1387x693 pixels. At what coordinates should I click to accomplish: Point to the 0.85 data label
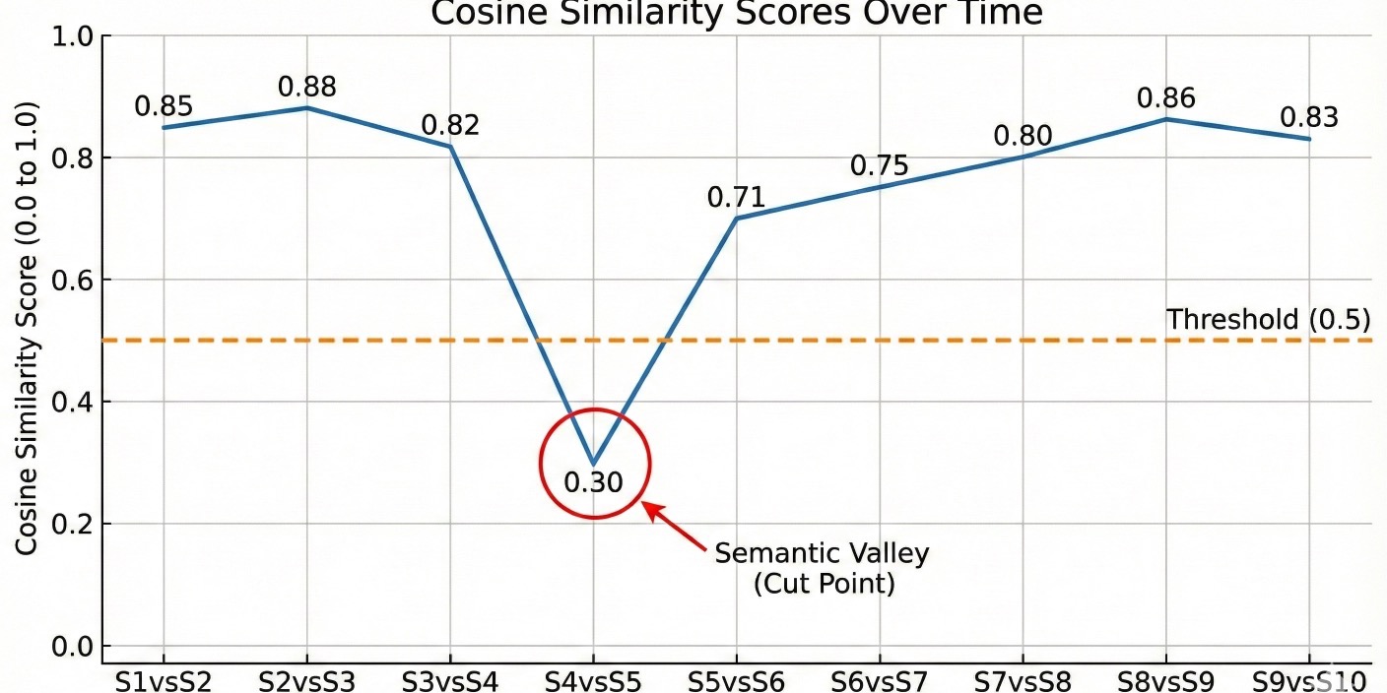[x=164, y=105]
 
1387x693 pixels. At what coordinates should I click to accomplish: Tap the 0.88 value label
[x=306, y=87]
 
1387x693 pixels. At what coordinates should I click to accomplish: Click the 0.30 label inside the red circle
[x=593, y=482]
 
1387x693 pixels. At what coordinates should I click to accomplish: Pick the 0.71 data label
[x=736, y=197]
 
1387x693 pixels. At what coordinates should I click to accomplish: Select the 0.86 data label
[x=1165, y=97]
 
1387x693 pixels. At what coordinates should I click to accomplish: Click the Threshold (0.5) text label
[x=1268, y=319]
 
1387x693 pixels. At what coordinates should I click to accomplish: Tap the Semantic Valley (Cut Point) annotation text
[x=822, y=568]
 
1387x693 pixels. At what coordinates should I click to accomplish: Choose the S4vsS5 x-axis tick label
[x=593, y=680]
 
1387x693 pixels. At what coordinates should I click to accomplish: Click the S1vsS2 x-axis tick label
[x=164, y=680]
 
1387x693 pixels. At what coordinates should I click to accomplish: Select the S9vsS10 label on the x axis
[x=1309, y=680]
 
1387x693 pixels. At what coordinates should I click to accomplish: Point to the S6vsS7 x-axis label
[x=880, y=680]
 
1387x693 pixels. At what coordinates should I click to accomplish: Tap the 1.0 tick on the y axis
[x=69, y=36]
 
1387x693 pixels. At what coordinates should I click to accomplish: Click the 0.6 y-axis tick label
[x=69, y=281]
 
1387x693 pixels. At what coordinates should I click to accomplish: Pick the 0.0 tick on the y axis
[x=69, y=647]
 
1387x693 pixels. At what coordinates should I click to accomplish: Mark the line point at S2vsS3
[x=306, y=108]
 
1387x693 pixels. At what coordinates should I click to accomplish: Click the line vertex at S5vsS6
[x=736, y=218]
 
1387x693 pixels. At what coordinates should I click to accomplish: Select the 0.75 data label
[x=880, y=165]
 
